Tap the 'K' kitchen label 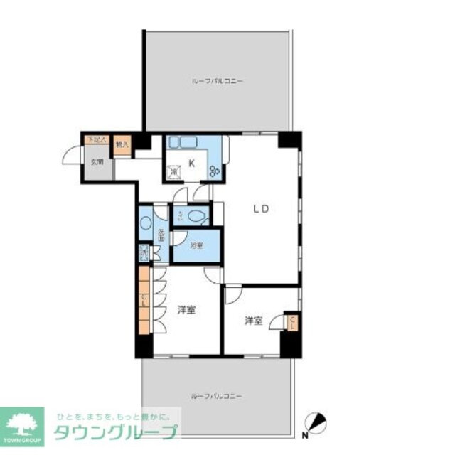pyautogui.click(x=191, y=162)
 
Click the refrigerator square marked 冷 pyautogui.click(x=173, y=171)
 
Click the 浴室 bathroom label pyautogui.click(x=197, y=245)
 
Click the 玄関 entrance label pyautogui.click(x=95, y=161)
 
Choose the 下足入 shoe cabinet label pyautogui.click(x=95, y=140)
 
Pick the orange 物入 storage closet pyautogui.click(x=122, y=144)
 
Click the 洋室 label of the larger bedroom pyautogui.click(x=187, y=310)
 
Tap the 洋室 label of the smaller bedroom pyautogui.click(x=254, y=321)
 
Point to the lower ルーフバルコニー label pyautogui.click(x=218, y=395)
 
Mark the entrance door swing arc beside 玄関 pyautogui.click(x=71, y=155)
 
